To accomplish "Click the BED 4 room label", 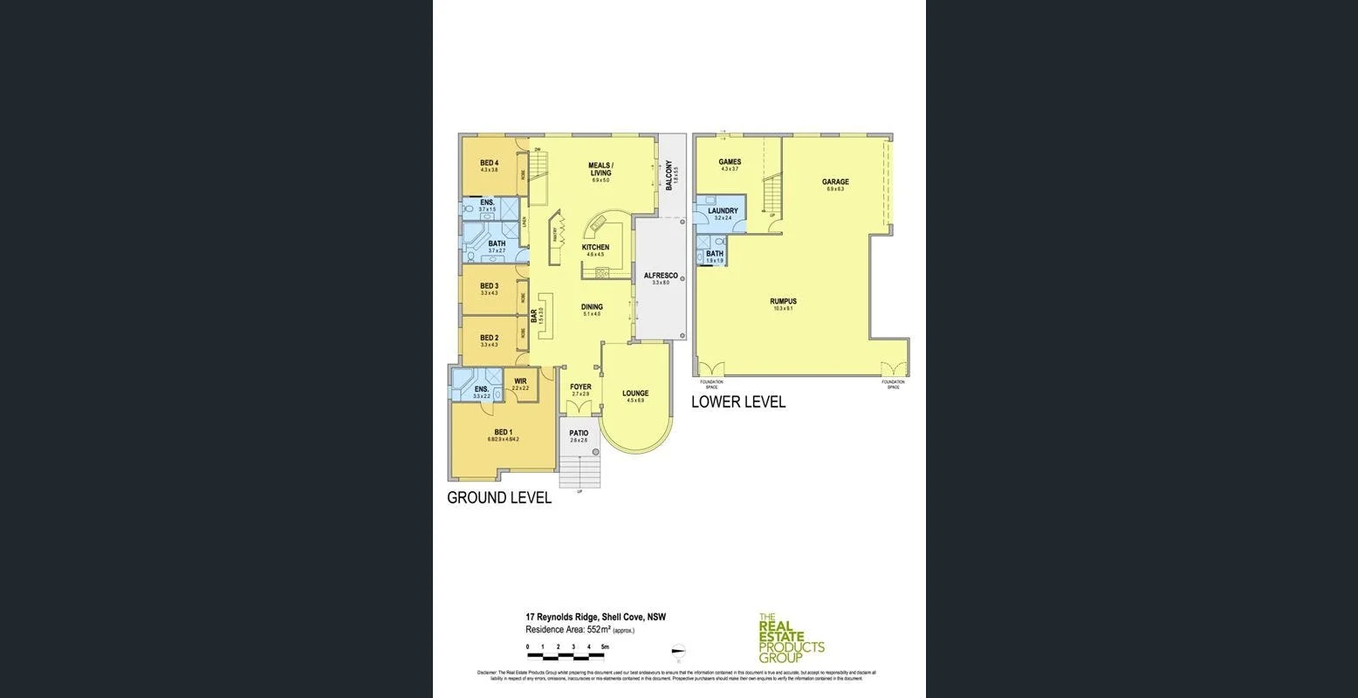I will coord(489,163).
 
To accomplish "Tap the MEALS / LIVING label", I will coord(600,168).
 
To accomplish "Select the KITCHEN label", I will coord(595,248).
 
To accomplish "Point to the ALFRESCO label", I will coord(660,276).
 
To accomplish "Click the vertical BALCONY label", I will coord(669,175).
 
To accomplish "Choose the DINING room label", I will coord(592,307).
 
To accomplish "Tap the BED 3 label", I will coord(489,286).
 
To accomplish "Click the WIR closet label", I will coord(520,381).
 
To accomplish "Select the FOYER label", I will coord(580,387).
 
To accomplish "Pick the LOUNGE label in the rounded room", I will coord(634,393).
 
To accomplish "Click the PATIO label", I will coord(579,433).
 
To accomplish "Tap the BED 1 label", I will coord(503,432).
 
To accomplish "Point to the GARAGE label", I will coord(834,182).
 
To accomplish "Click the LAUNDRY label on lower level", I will coord(723,210).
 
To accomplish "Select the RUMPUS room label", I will coord(783,301).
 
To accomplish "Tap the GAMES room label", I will coord(730,161).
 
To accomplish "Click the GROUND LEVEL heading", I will coord(499,498).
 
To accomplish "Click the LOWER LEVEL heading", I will coord(738,402).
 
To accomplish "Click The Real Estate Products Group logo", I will coord(791,638).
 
